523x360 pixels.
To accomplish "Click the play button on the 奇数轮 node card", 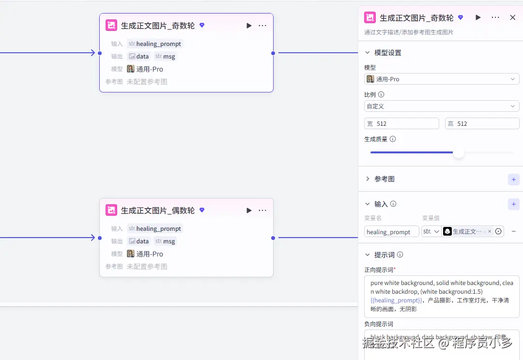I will [249, 26].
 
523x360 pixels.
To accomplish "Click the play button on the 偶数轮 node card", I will [249, 210].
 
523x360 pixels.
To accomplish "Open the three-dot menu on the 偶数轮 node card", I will [262, 210].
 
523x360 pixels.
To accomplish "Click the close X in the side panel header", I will [513, 17].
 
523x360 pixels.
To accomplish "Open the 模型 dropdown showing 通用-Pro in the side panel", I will [441, 79].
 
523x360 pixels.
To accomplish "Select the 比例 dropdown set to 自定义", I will [441, 106].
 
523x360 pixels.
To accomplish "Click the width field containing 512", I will [401, 123].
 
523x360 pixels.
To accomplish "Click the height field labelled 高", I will [482, 123].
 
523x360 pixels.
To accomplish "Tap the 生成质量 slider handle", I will [458, 153].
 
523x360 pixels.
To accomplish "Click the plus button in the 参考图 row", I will [513, 179].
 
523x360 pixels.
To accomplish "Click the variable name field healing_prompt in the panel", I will [391, 232].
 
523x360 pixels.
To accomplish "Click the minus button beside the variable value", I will [514, 232].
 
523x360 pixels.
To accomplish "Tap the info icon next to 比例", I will [381, 95].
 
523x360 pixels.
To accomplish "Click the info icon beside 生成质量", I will [393, 139].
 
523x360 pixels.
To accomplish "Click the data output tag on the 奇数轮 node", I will [139, 56].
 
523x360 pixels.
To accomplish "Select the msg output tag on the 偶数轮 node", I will [165, 241].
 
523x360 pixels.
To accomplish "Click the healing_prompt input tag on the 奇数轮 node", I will [154, 44].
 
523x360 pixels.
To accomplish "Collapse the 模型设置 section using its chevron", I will [368, 53].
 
